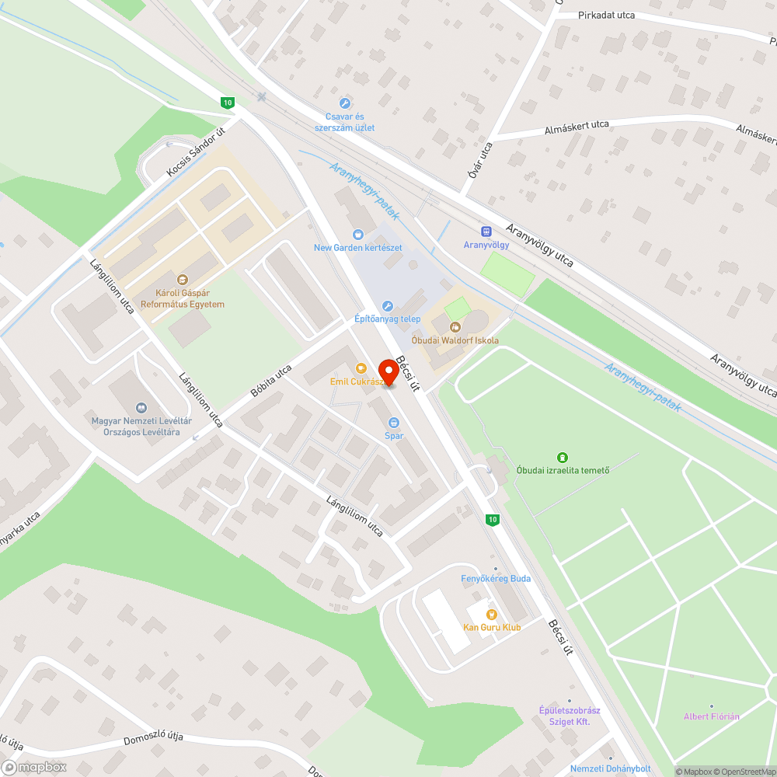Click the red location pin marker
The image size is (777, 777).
click(387, 372)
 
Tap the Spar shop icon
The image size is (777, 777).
click(394, 423)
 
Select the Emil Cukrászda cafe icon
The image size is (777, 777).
click(360, 368)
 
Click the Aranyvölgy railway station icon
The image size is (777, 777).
click(486, 231)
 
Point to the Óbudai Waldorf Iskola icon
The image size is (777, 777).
click(455, 327)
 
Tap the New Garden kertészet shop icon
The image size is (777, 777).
click(357, 234)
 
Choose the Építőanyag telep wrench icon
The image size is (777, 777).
click(388, 305)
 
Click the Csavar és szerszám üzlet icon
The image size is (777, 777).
click(345, 103)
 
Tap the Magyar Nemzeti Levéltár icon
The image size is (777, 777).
click(141, 407)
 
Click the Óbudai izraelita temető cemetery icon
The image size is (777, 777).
click(563, 457)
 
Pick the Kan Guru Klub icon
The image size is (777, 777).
click(491, 614)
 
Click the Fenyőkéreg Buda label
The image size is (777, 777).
click(496, 578)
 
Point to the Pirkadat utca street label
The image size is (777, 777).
click(607, 16)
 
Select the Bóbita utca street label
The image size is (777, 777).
click(271, 382)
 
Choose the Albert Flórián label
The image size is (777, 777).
click(711, 716)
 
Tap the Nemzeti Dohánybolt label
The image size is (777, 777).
click(611, 768)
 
